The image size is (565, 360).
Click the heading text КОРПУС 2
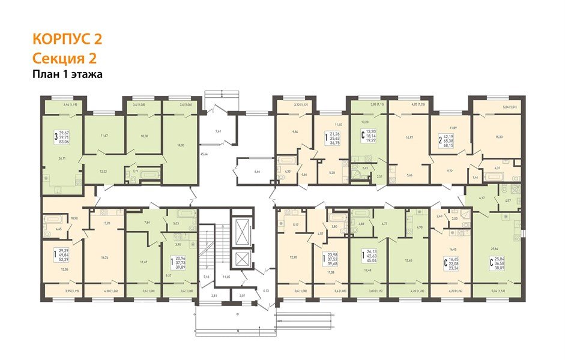pyautogui.click(x=67, y=40)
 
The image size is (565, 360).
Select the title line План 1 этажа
pyautogui.click(x=68, y=75)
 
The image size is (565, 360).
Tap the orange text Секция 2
pyautogui.click(x=64, y=58)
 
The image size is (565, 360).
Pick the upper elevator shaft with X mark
pyautogui.click(x=243, y=229)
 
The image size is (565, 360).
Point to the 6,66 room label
pyautogui.click(x=257, y=172)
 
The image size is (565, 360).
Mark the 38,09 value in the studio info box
pyautogui.click(x=515, y=269)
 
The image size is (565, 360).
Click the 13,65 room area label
pyautogui.click(x=408, y=260)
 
